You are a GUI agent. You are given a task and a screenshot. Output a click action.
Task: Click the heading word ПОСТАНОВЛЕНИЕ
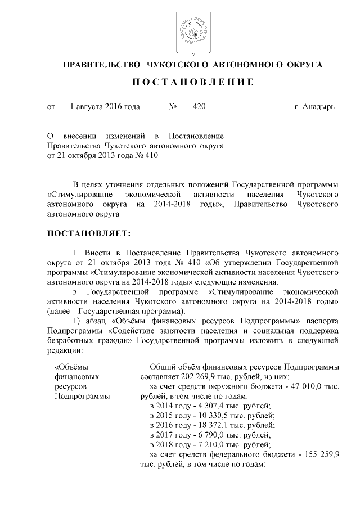click(192, 82)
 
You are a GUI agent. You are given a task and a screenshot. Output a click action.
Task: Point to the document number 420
click(199, 106)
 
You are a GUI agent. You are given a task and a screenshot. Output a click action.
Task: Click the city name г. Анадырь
click(314, 106)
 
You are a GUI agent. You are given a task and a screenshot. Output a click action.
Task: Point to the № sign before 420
click(173, 106)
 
